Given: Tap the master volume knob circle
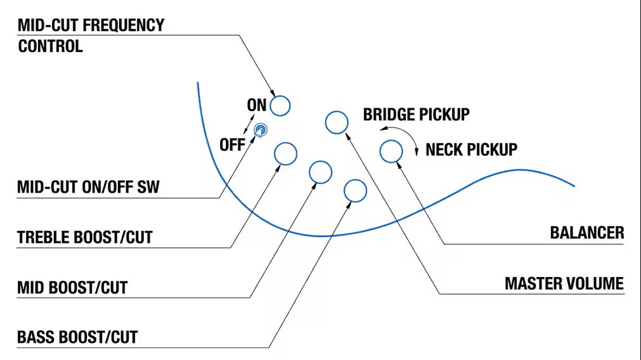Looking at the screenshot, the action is [x=337, y=112].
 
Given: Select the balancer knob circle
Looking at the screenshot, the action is [x=391, y=140].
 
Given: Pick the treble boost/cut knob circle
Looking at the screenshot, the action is [x=285, y=143].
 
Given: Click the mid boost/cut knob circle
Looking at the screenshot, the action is [x=321, y=162].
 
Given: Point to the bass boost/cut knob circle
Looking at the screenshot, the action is [x=355, y=180].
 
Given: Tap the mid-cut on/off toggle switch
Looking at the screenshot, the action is [x=261, y=131].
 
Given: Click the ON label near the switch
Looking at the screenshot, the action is [x=257, y=105].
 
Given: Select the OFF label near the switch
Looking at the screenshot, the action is [x=232, y=145].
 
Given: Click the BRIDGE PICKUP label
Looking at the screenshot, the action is [x=416, y=115].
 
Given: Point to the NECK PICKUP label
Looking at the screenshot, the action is [x=471, y=150].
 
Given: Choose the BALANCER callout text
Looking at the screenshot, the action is [x=587, y=233].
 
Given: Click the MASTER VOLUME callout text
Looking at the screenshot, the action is [x=564, y=283].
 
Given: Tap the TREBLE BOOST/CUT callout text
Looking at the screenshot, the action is [x=84, y=238].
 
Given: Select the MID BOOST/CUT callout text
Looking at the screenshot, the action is [x=72, y=288].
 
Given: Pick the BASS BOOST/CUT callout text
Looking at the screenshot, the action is [x=77, y=338].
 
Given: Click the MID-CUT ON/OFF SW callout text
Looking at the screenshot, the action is [x=88, y=187].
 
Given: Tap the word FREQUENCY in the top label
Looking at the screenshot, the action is [x=124, y=25].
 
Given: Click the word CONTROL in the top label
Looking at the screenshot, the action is [x=50, y=46].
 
